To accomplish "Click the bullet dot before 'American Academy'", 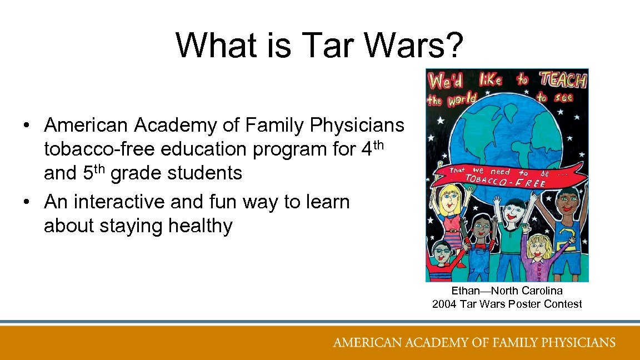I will coord(26,126).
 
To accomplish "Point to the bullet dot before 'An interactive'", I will coord(26,202).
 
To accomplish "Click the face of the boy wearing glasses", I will coord(443,253).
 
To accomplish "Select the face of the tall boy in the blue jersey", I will coord(566,203).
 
